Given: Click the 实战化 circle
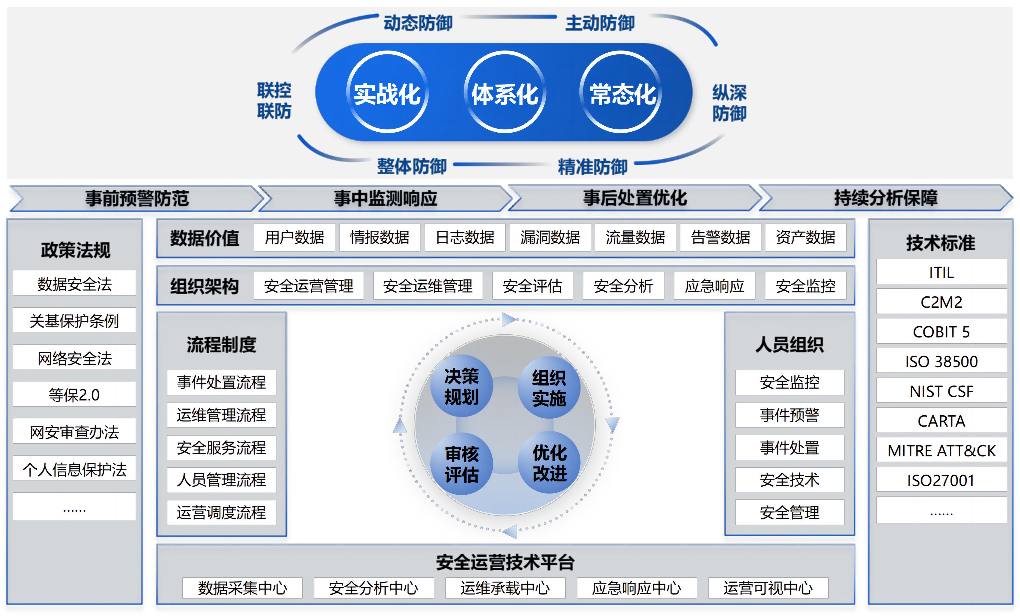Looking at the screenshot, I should pyautogui.click(x=387, y=93).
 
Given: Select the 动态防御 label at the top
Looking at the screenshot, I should pyautogui.click(x=418, y=23).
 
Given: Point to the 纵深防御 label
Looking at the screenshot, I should pyautogui.click(x=729, y=103).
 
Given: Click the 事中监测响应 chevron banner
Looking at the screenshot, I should pyautogui.click(x=385, y=198).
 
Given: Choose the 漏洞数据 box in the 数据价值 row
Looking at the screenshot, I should pyautogui.click(x=550, y=238).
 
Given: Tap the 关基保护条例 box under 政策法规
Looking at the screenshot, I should pyautogui.click(x=74, y=320).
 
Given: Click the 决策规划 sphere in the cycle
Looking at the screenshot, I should pyautogui.click(x=461, y=386).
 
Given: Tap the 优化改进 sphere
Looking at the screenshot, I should pyautogui.click(x=549, y=463).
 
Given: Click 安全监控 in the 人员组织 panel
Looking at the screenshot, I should pyautogui.click(x=789, y=382).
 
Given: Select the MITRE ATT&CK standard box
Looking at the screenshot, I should pyautogui.click(x=941, y=450).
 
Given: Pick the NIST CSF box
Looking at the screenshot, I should pyautogui.click(x=941, y=391).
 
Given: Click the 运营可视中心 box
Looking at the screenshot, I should pyautogui.click(x=768, y=588).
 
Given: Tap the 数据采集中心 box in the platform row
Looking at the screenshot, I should pyautogui.click(x=242, y=588).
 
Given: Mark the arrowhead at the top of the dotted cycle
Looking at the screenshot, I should pyautogui.click(x=509, y=319).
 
